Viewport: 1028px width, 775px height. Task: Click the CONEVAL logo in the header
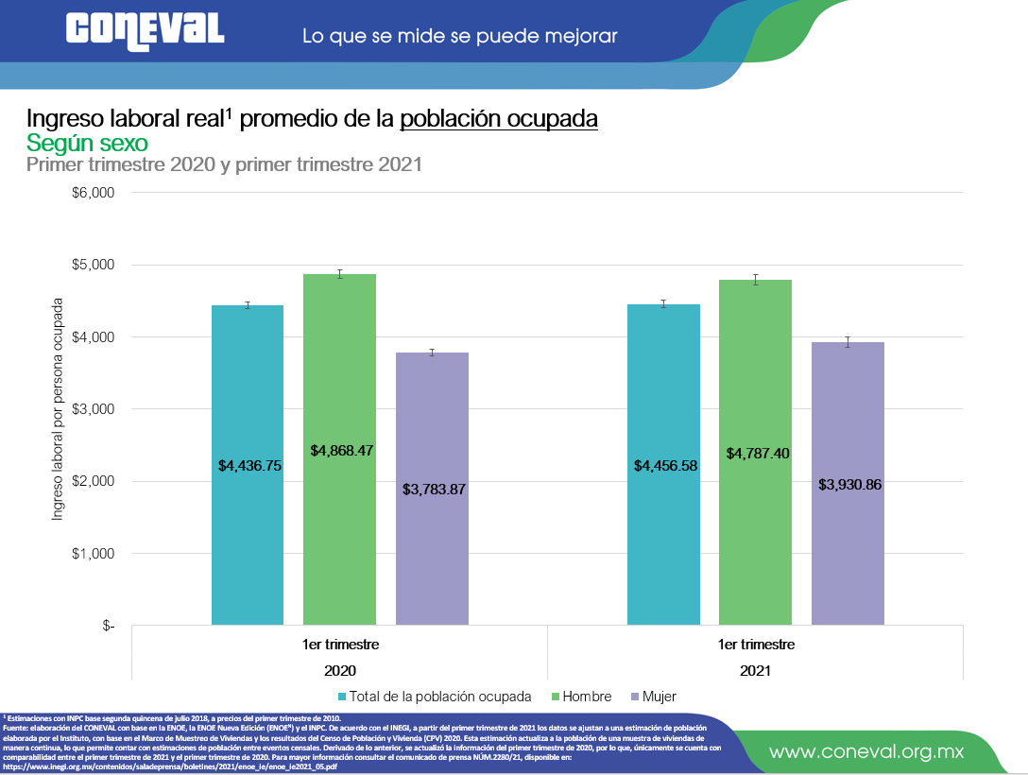145,29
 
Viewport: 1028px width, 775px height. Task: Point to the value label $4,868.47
342,451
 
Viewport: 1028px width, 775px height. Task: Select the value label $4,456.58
663,466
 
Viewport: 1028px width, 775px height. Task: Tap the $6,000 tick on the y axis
93,193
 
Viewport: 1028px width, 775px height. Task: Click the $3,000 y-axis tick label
93,409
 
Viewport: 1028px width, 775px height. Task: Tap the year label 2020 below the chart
340,670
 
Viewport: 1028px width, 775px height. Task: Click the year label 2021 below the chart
756,670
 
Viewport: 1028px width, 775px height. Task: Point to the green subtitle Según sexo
87,143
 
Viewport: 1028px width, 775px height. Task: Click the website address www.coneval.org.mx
866,752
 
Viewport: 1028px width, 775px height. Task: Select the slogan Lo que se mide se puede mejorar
459,37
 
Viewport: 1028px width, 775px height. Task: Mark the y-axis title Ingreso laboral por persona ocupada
58,408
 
